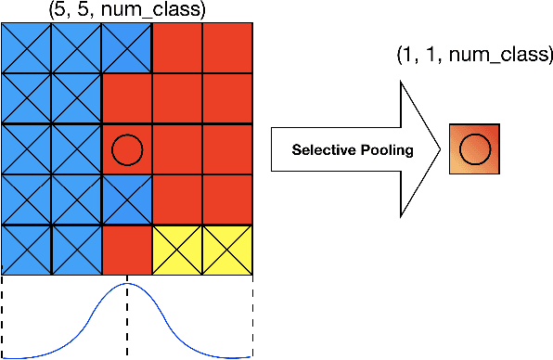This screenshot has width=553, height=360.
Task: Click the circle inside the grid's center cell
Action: click(x=127, y=148)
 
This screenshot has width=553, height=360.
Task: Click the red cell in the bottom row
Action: click(x=127, y=249)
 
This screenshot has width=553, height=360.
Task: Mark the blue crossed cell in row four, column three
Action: click(x=127, y=199)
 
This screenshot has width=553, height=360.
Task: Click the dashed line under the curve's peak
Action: click(x=127, y=325)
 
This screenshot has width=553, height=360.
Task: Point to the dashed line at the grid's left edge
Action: click(x=3, y=315)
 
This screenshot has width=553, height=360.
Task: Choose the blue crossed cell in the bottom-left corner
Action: click(x=27, y=249)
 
